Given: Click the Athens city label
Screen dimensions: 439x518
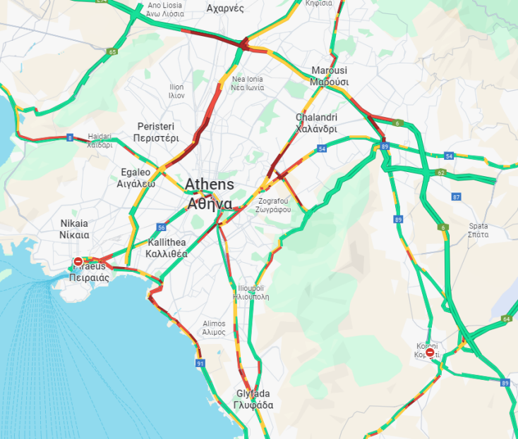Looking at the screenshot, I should (209, 194).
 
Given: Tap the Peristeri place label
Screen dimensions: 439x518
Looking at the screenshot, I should (156, 132).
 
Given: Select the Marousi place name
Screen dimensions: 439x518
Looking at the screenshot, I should (330, 76).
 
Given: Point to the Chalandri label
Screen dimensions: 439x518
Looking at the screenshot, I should (316, 123).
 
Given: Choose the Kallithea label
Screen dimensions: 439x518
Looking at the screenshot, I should (167, 247).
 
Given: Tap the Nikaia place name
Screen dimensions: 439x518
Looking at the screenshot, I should (74, 229).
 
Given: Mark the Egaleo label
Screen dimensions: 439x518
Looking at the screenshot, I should (135, 178).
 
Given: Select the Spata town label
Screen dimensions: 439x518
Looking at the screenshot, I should (478, 230).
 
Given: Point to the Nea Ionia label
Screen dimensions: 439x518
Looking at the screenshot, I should (248, 84).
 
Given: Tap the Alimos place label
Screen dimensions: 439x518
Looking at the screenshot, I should (214, 327).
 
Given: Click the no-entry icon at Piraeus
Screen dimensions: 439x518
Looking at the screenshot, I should (78, 262).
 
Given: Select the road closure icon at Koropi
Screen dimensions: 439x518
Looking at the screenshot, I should (430, 352).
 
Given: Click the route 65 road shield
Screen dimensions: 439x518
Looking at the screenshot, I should (113, 51).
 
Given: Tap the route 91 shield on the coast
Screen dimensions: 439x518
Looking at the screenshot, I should (200, 363).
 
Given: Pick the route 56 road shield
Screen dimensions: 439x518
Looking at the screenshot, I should (162, 228).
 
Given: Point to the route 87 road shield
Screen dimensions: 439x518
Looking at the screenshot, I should (456, 197).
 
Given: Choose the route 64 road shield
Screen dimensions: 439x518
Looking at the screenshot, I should (506, 319).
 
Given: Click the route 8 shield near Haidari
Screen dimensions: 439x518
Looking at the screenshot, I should (69, 137).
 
